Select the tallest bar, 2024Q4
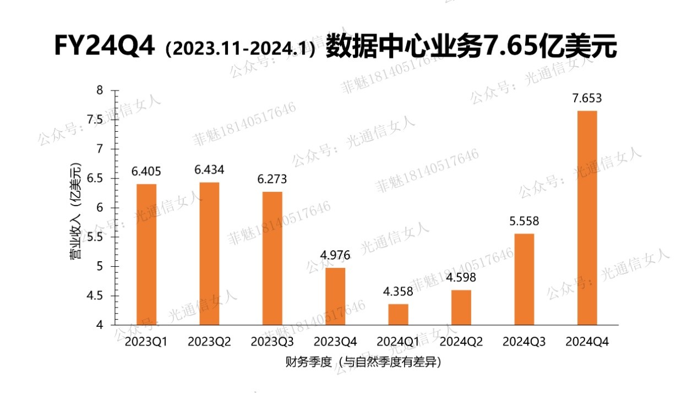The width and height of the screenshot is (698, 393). point(587,218)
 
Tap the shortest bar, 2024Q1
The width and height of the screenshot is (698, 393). point(398,315)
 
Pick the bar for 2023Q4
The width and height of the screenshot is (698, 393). point(335,297)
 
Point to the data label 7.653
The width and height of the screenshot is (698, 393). point(587,99)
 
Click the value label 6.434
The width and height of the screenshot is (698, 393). point(209,170)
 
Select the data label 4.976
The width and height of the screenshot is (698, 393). point(335,255)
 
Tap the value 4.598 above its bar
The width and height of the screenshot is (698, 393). point(461,277)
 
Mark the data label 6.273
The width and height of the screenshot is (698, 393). point(272,179)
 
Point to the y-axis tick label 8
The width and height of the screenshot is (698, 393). point(100,90)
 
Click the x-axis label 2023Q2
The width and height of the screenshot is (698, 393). point(209,342)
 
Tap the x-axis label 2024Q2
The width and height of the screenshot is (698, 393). point(461,342)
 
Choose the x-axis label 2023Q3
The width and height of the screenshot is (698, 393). point(272,342)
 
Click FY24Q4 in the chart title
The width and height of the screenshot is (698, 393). point(103,46)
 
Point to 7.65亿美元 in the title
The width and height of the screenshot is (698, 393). point(550,46)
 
